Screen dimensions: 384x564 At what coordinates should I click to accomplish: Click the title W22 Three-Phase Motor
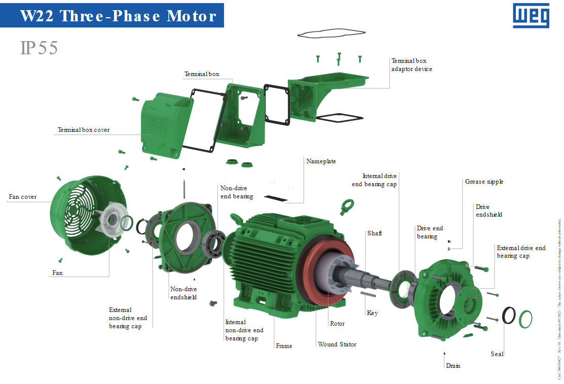click(x=118, y=16)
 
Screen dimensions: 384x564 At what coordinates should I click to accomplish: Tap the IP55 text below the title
click(x=39, y=48)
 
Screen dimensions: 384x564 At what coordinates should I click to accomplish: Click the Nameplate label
click(x=321, y=161)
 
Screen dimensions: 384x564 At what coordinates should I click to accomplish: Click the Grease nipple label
click(x=484, y=182)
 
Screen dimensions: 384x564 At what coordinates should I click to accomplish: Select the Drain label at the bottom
click(x=453, y=365)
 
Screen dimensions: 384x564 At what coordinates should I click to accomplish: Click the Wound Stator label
click(x=337, y=344)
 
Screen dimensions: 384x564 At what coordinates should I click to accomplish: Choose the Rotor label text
click(x=337, y=324)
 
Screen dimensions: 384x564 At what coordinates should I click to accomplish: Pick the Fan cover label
click(x=22, y=197)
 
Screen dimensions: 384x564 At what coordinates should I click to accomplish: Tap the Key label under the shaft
click(x=372, y=313)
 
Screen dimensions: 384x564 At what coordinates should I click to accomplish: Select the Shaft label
click(x=374, y=233)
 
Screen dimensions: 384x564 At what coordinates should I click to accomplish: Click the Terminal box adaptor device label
click(x=411, y=65)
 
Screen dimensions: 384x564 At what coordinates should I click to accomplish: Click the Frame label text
click(x=284, y=346)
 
